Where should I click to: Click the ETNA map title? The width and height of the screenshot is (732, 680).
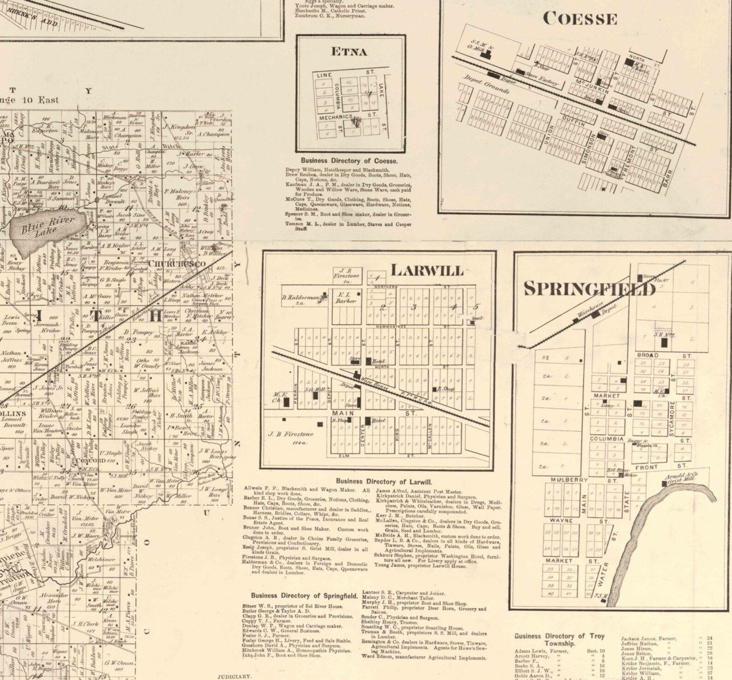tap(349, 52)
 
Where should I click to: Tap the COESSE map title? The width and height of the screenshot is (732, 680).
tap(579, 19)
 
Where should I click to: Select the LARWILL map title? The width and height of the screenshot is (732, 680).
tap(426, 270)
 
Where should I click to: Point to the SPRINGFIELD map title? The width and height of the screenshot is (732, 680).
tap(589, 289)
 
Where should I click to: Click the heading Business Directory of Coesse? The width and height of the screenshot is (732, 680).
tap(349, 161)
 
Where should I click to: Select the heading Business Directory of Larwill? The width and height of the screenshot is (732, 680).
tap(384, 481)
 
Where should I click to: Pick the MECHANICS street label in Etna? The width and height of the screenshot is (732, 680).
tap(336, 117)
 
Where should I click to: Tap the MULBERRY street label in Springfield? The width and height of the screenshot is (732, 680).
tap(569, 480)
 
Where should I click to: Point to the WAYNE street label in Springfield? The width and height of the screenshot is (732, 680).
tap(561, 520)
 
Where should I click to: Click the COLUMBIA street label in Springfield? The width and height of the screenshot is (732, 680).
tap(607, 439)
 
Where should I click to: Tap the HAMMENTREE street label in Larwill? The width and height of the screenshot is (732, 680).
tap(390, 326)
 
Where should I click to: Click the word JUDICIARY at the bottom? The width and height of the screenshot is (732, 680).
tap(235, 676)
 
